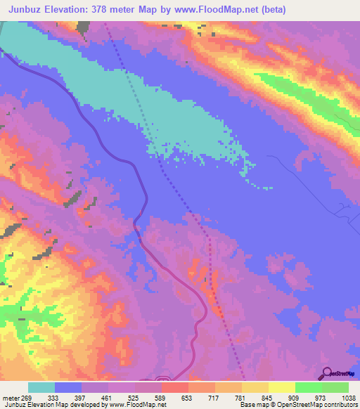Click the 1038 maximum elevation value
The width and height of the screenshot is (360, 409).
(347, 397)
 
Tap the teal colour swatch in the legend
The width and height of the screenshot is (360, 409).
(41, 387)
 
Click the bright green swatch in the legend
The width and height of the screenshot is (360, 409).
(309, 387)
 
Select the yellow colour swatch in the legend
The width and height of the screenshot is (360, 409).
(282, 387)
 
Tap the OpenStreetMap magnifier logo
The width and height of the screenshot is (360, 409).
(327, 374)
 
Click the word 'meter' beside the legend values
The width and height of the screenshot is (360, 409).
(9, 397)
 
